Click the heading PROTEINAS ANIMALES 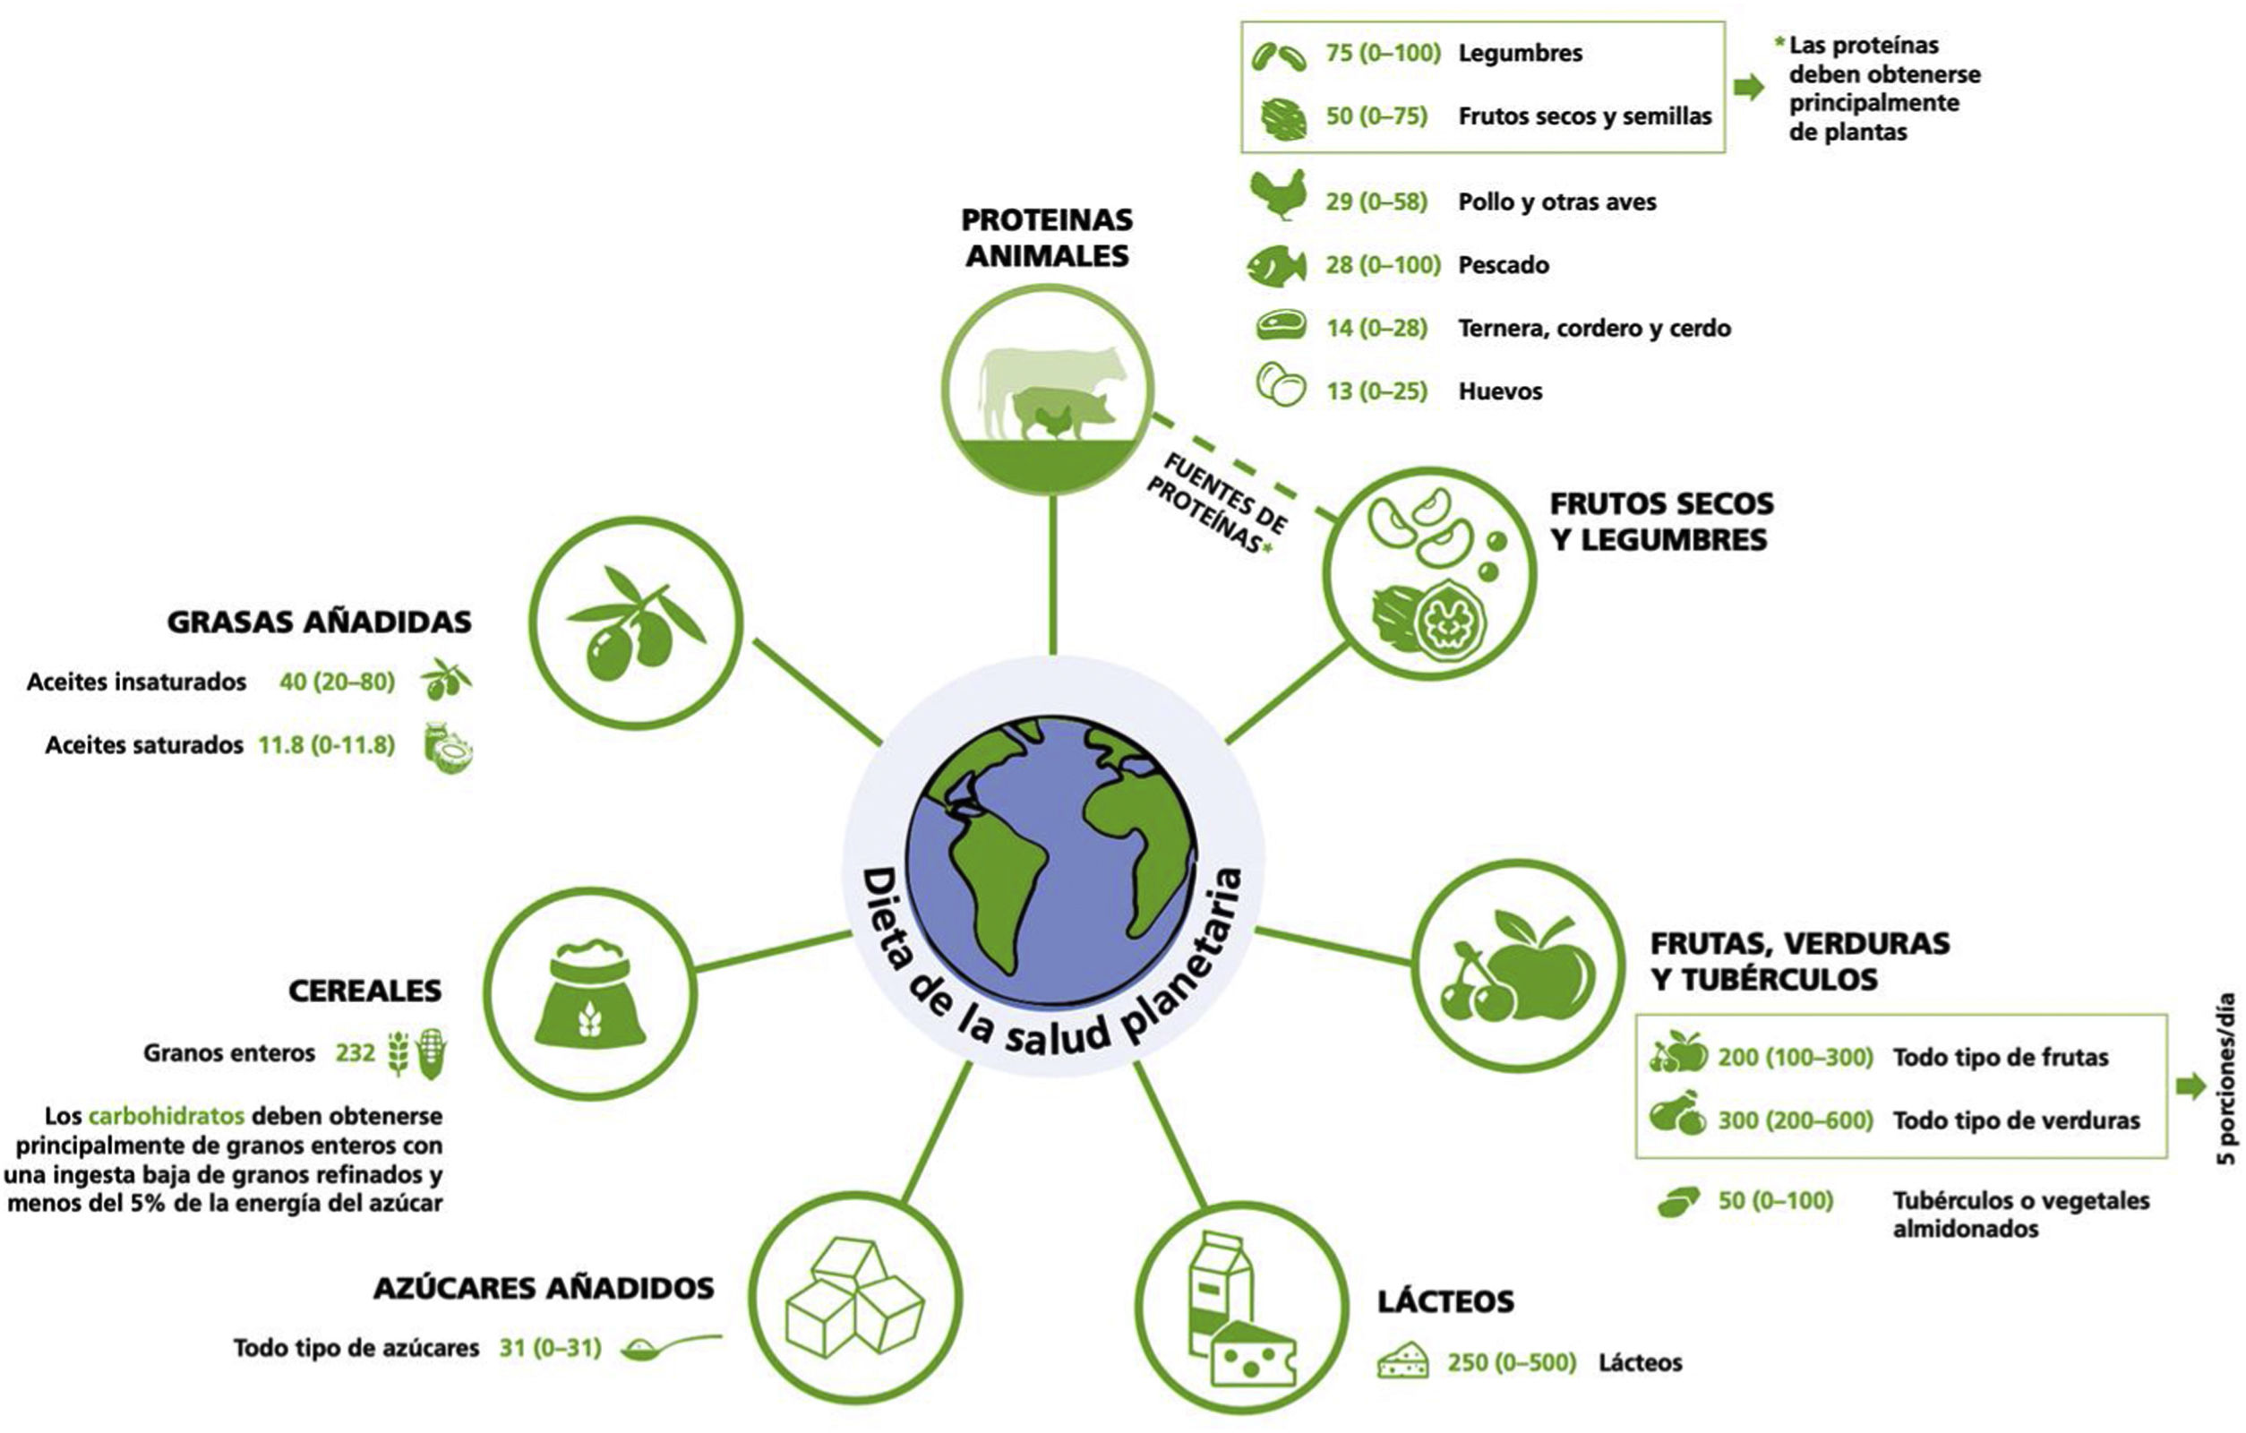point(1047,237)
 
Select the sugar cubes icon point(854,1297)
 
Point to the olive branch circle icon point(635,622)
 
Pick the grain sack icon point(589,992)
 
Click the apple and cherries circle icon point(1518,965)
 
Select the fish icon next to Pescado point(1277,266)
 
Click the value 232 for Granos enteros point(356,1053)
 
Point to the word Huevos point(1500,390)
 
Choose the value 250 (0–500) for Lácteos point(1511,1363)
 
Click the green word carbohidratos point(166,1116)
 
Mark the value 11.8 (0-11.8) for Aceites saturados point(327,744)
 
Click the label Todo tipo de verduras point(2016,1120)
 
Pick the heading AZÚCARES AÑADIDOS point(544,1289)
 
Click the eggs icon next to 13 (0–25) point(1281,384)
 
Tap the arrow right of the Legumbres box point(1749,87)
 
